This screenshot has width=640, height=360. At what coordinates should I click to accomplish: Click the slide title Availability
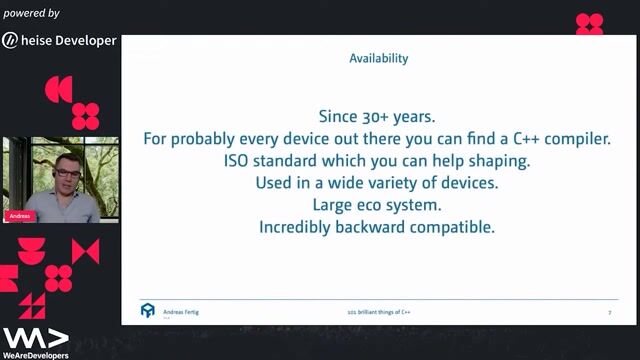pos(378,58)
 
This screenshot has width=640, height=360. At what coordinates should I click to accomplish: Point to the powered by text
pos(31,14)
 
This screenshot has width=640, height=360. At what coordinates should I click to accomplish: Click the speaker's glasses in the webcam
pos(67,173)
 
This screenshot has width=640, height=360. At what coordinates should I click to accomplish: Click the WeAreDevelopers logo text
pos(35,355)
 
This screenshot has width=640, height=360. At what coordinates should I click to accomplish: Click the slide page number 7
pos(609,312)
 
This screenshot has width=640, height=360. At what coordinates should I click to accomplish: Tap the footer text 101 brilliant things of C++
pos(379,312)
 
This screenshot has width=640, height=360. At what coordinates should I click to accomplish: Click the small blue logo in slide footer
pos(147,310)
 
